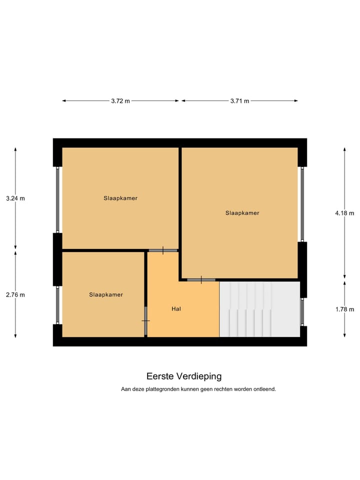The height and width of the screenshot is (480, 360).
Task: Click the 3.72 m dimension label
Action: coord(120,101)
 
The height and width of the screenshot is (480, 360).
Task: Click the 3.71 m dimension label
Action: coord(239,101)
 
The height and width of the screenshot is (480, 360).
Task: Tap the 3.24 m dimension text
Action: coord(15,198)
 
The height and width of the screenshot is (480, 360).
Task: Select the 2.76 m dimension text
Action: coord(15,295)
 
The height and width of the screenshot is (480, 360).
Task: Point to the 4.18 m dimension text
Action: coord(344,213)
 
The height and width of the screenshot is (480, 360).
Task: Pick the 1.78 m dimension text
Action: coord(344,309)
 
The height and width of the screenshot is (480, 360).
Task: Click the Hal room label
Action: coord(176,309)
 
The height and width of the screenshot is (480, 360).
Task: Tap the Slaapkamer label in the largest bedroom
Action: coord(242,213)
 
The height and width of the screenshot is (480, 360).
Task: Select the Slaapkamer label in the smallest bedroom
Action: coord(106,295)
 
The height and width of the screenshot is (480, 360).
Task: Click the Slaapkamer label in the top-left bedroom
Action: coord(120,198)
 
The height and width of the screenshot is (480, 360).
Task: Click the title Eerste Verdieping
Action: coord(184,376)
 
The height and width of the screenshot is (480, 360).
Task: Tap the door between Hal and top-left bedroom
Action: coord(163,250)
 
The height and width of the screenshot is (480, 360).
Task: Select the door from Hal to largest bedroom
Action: coord(201,280)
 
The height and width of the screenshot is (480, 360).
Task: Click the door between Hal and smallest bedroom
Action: coord(145,320)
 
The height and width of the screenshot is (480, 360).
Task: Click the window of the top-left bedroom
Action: coord(57,200)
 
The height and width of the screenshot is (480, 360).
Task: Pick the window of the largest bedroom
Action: coord(302,204)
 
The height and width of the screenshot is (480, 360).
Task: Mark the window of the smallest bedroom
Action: coord(57,305)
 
